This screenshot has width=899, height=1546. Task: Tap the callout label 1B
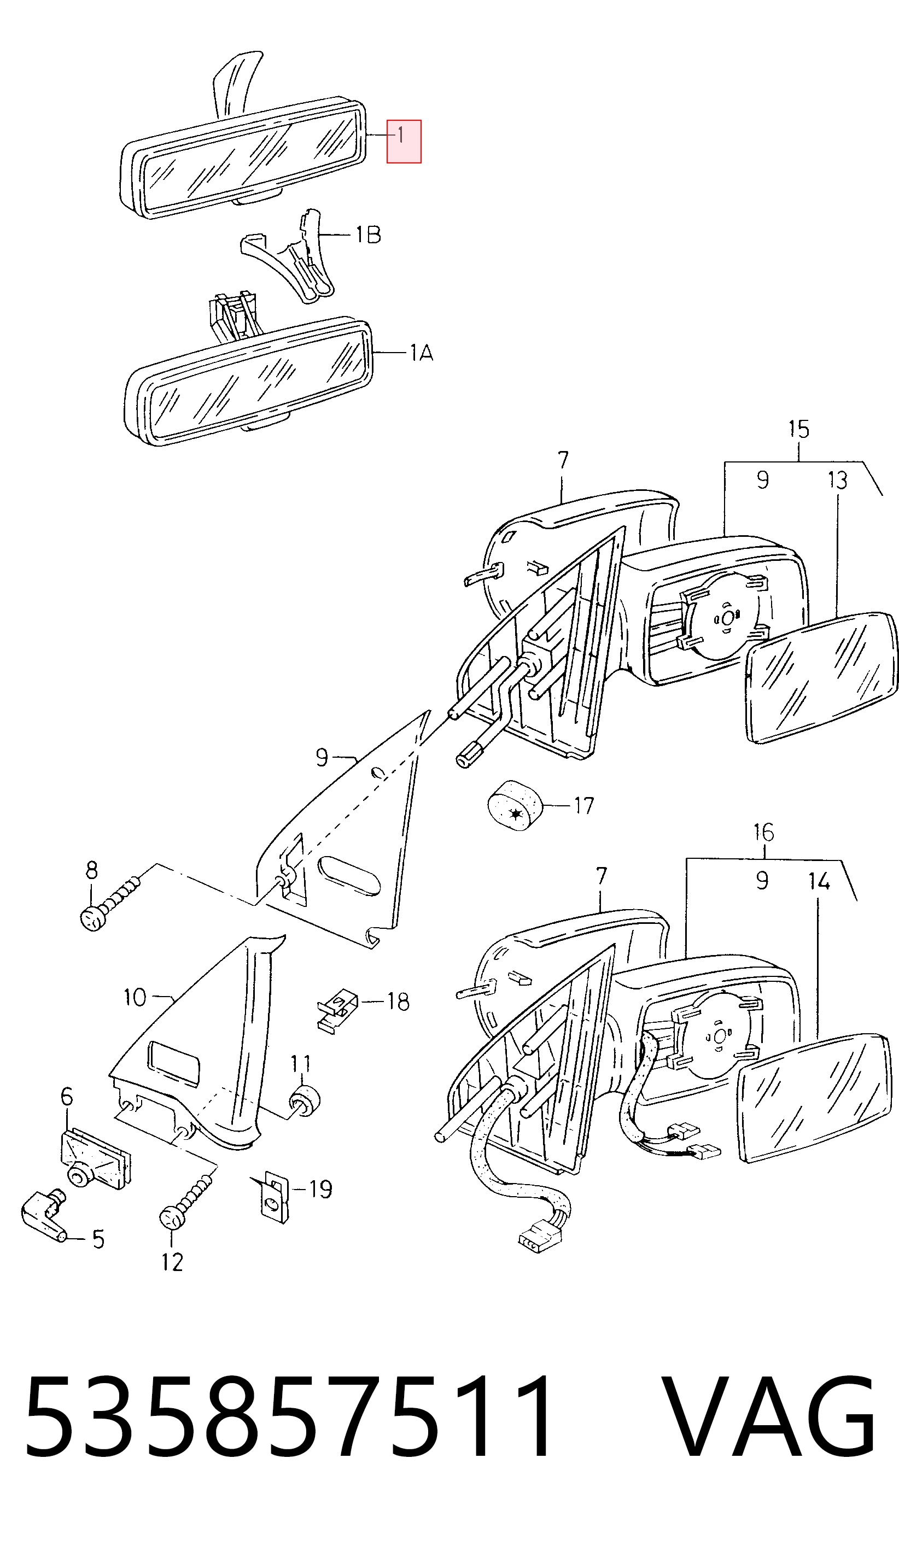pos(368,235)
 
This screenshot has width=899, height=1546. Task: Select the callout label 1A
pos(422,353)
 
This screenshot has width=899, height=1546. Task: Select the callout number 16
pos(763,833)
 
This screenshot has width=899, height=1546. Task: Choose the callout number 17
pos(583,805)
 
